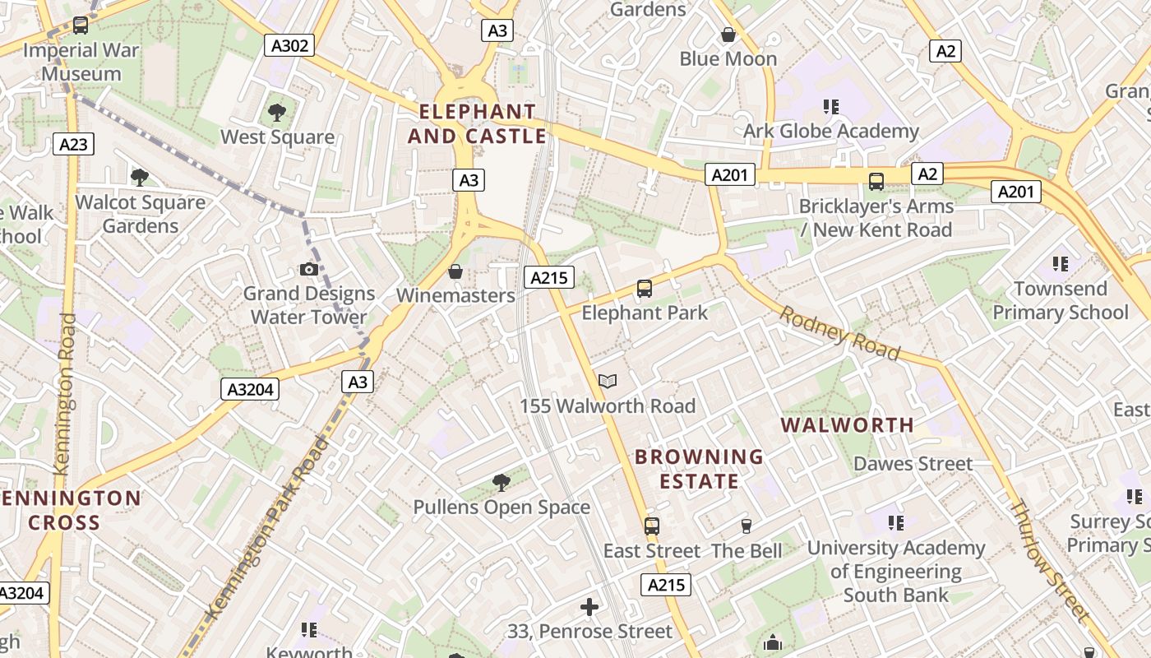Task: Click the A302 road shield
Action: click(x=290, y=45)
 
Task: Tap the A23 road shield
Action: click(x=73, y=145)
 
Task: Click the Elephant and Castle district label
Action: click(x=477, y=123)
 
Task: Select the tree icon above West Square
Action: click(x=277, y=112)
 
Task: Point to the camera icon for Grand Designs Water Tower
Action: click(x=309, y=269)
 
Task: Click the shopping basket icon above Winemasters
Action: click(x=455, y=271)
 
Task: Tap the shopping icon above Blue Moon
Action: click(x=728, y=35)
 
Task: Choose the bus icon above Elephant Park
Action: click(x=645, y=289)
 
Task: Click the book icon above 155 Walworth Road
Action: click(x=608, y=381)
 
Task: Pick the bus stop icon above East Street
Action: click(x=652, y=526)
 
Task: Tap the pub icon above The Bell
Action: click(x=747, y=526)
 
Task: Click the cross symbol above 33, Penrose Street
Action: click(x=589, y=607)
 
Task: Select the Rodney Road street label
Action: click(x=839, y=332)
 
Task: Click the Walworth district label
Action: click(x=847, y=425)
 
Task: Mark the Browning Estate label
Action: click(x=700, y=468)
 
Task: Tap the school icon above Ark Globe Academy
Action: click(x=831, y=106)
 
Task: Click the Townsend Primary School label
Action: click(x=1061, y=300)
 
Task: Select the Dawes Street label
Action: click(x=913, y=464)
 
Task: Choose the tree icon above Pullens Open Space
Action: click(x=501, y=483)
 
